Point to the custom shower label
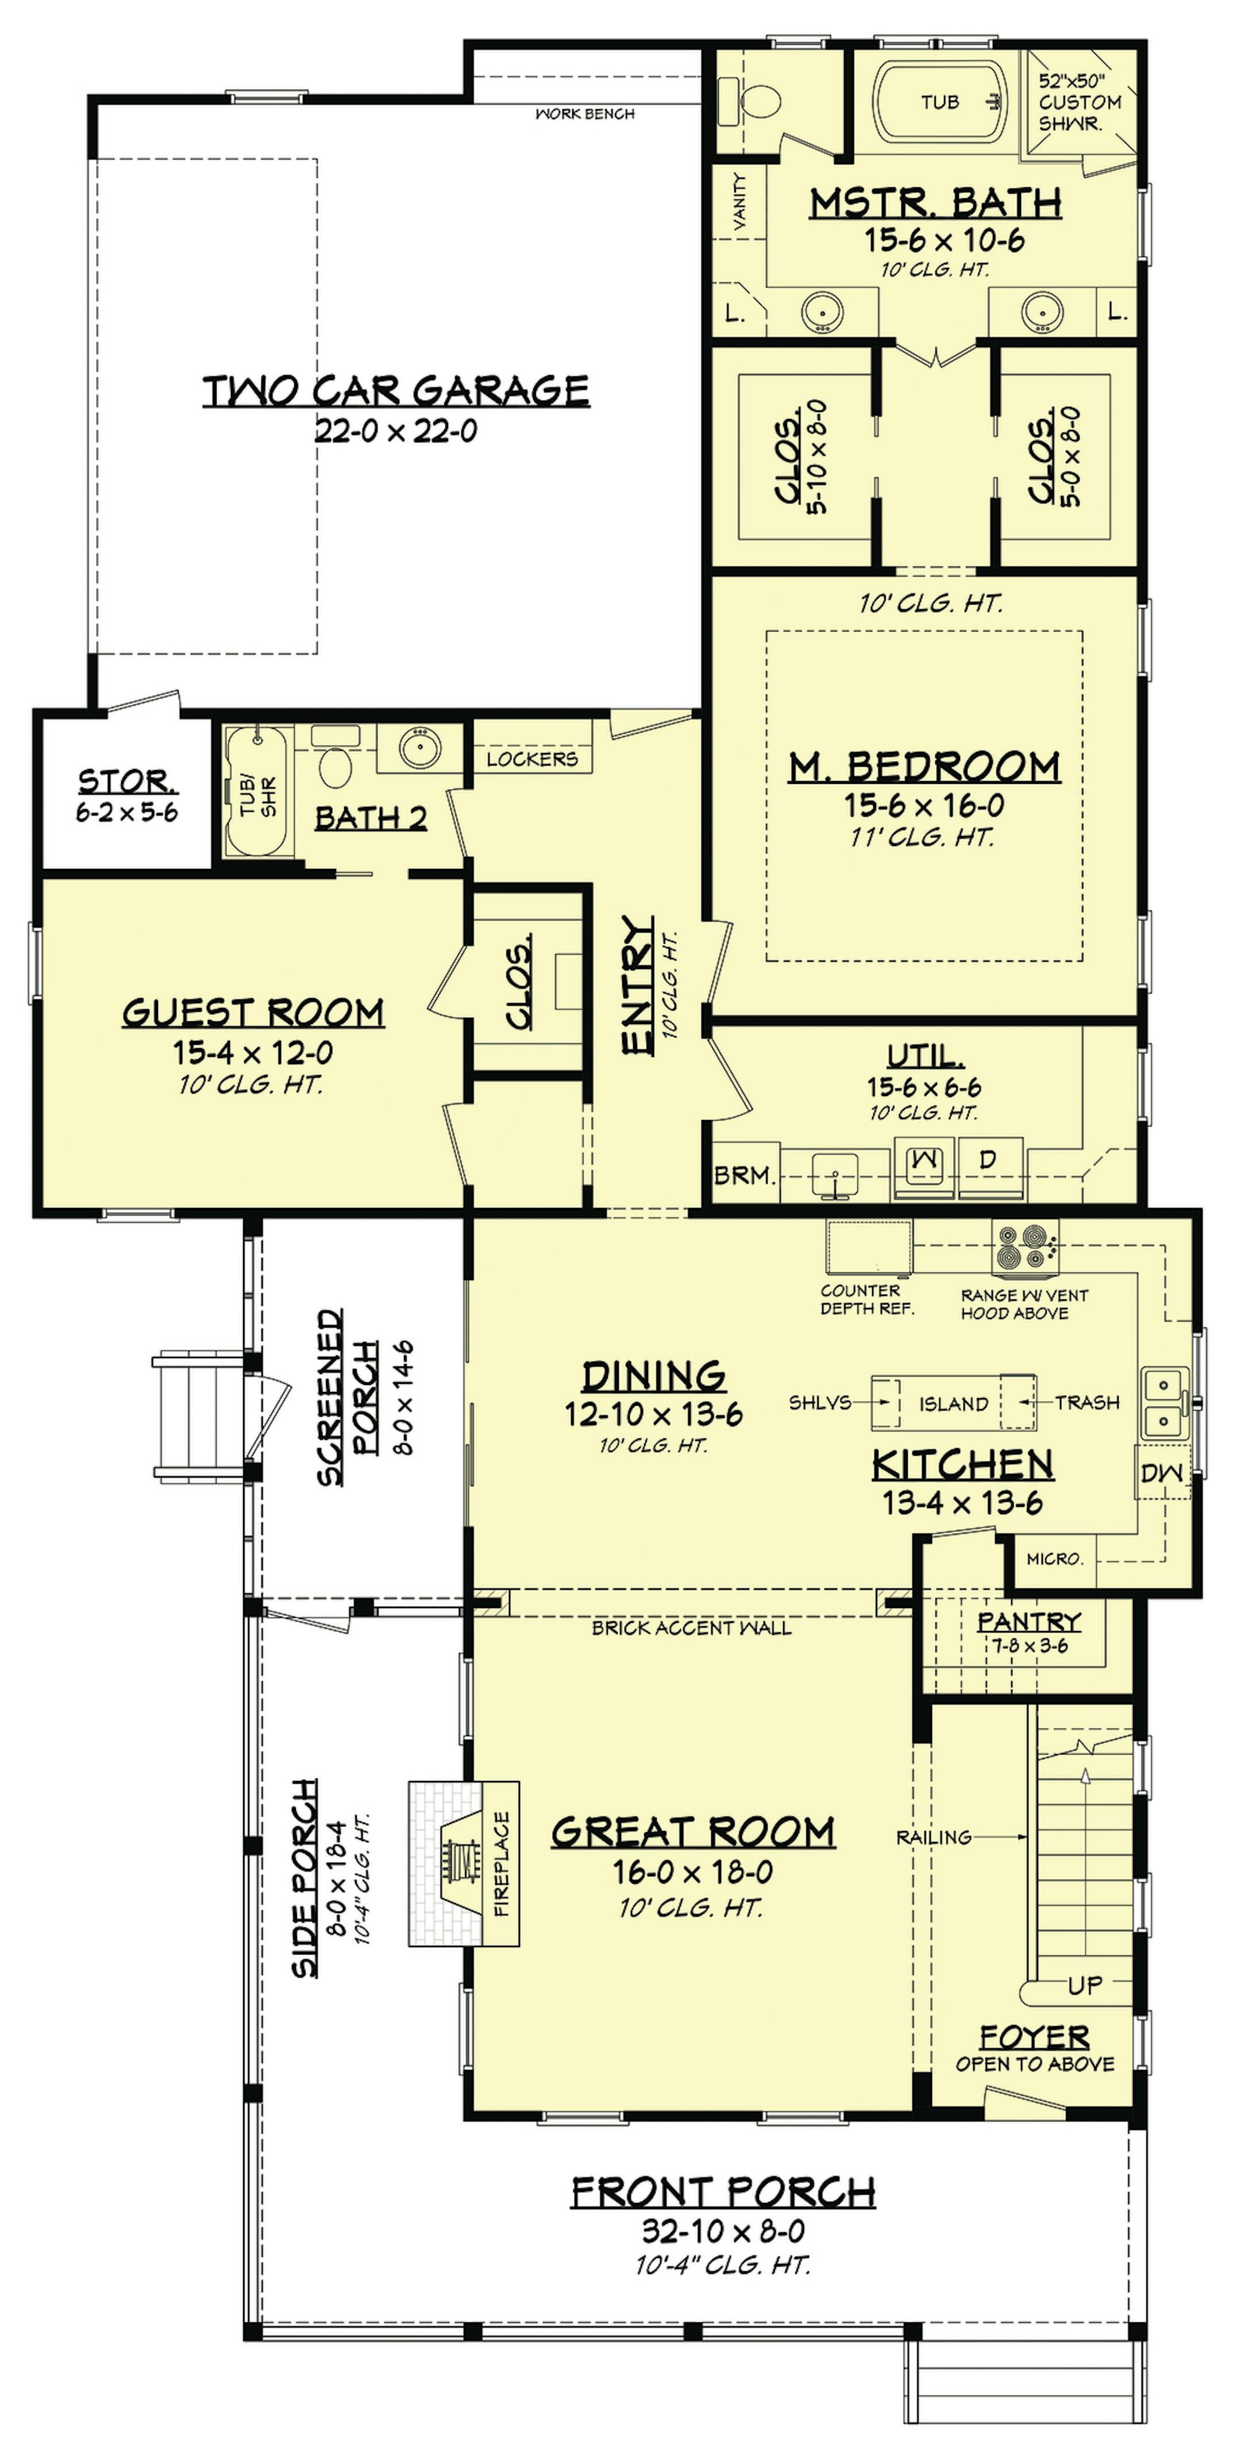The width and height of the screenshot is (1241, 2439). [x=1079, y=102]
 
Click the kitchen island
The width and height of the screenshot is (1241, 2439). [x=953, y=1402]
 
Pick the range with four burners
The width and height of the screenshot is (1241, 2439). [x=1025, y=1247]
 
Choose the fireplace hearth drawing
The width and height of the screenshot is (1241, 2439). [x=464, y=1863]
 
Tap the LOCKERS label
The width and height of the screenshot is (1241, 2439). [x=532, y=759]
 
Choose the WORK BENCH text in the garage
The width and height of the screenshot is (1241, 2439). [x=585, y=114]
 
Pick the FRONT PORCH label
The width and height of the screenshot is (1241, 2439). [x=723, y=2192]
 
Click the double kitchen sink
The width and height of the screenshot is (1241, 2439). [x=1162, y=1402]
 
